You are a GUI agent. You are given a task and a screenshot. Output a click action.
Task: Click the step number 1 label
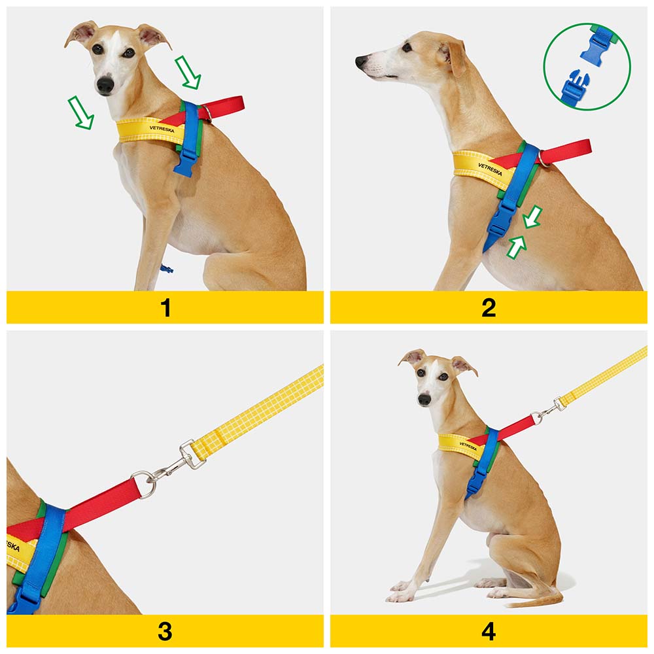(165, 308)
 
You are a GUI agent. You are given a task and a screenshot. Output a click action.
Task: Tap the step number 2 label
(489, 308)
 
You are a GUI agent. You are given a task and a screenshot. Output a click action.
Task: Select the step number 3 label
(165, 632)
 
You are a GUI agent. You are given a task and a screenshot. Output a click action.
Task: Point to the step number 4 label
(489, 632)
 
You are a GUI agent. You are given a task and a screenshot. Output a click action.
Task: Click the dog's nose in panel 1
(105, 84)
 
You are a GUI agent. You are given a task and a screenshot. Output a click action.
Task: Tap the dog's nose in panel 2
(361, 61)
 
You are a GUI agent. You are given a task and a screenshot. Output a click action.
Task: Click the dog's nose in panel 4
(424, 400)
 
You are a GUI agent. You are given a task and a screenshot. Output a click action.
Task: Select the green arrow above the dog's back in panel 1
(188, 72)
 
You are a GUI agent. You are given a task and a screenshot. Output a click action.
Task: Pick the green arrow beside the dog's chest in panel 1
(81, 112)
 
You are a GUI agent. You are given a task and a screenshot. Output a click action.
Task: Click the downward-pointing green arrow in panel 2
(533, 217)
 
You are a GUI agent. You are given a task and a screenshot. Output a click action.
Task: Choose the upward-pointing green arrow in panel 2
(517, 247)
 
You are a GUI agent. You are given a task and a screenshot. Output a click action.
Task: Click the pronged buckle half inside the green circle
(574, 87)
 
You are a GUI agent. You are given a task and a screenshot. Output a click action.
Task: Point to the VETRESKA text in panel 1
(162, 129)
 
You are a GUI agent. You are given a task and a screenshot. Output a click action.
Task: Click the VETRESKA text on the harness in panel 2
(490, 169)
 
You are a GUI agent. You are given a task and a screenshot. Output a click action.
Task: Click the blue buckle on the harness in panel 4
(475, 479)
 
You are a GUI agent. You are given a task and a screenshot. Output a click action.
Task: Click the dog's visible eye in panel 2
(407, 47)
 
